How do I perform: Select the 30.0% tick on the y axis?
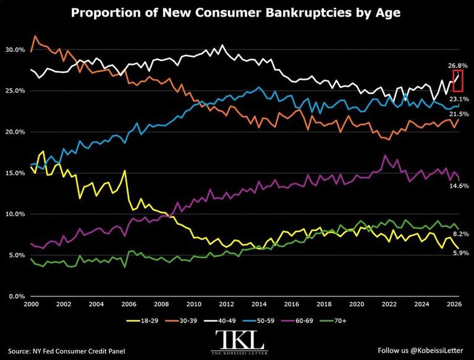point(15,50)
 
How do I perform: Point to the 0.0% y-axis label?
point(17,296)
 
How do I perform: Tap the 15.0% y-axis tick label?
point(15,173)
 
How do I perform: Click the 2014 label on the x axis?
point(259,304)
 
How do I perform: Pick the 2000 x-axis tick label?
point(31,304)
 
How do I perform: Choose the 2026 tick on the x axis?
point(454,304)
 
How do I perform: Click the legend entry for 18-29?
point(142,320)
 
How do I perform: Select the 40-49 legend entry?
point(220,320)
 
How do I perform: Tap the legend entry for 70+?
point(333,320)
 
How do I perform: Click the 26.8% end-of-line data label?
point(458,65)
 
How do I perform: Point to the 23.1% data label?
point(459,99)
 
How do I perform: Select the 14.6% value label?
point(459,186)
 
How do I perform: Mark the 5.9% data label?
point(460,253)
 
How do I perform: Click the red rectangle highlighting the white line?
point(453,80)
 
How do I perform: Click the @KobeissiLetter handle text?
point(436,350)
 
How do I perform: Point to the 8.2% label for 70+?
point(460,234)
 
